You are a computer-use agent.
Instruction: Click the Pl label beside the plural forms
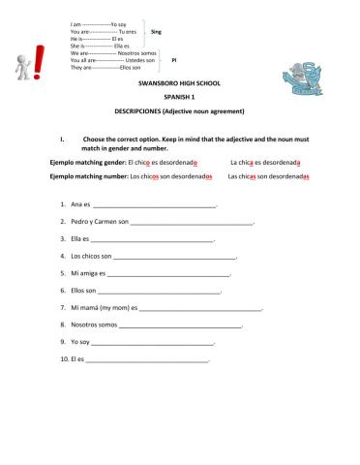173,60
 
